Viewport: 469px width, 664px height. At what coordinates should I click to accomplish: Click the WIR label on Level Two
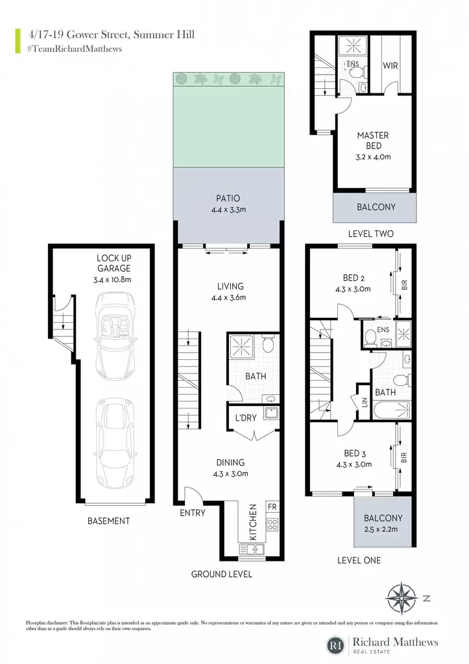pyautogui.click(x=391, y=65)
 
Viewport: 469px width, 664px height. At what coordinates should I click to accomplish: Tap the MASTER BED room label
pyautogui.click(x=373, y=141)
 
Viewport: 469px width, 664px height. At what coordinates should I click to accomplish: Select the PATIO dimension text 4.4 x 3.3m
pyautogui.click(x=229, y=209)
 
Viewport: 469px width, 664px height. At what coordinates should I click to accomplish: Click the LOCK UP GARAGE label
pyautogui.click(x=114, y=263)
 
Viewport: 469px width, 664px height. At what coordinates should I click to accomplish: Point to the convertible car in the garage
pyautogui.click(x=115, y=330)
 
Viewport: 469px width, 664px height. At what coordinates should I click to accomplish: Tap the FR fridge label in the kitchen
pyautogui.click(x=272, y=506)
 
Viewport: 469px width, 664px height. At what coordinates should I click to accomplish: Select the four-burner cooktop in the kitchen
pyautogui.click(x=272, y=525)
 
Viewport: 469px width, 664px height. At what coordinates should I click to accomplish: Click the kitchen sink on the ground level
pyautogui.click(x=252, y=549)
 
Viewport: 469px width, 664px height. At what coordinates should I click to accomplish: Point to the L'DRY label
pyautogui.click(x=246, y=418)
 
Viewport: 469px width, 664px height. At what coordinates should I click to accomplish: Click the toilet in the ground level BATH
pyautogui.click(x=268, y=344)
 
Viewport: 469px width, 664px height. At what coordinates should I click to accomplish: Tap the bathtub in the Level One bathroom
pyautogui.click(x=392, y=410)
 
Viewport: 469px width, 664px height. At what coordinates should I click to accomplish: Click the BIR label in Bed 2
pyautogui.click(x=404, y=285)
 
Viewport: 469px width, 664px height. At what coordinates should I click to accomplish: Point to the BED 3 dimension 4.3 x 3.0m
pyautogui.click(x=354, y=464)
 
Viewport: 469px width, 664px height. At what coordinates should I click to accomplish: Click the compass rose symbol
pyautogui.click(x=400, y=599)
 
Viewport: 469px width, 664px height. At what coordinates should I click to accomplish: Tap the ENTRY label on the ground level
pyautogui.click(x=193, y=513)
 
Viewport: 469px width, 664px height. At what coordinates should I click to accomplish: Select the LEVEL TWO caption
pyautogui.click(x=370, y=233)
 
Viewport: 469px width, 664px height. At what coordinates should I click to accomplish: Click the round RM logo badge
pyautogui.click(x=337, y=645)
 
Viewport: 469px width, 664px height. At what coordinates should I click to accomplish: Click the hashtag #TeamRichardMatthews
pyautogui.click(x=75, y=49)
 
